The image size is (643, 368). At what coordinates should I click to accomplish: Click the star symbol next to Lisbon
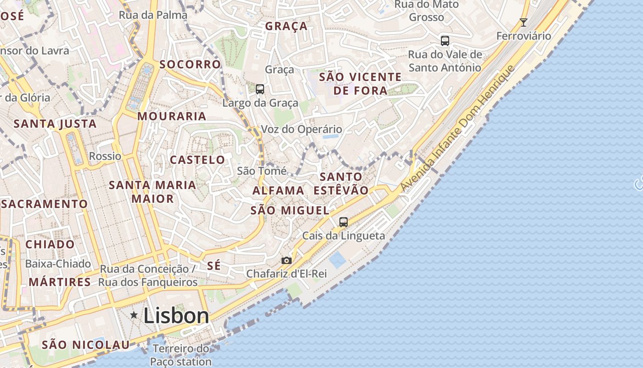tap(134, 315)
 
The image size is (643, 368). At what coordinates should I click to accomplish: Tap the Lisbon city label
tap(176, 316)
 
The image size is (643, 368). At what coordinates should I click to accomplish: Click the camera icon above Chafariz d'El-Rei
tap(287, 261)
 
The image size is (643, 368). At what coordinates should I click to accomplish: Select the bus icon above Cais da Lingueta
tap(344, 222)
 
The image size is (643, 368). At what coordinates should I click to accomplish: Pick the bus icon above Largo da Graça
tap(260, 89)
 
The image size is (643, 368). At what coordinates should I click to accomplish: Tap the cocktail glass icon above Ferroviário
tap(523, 22)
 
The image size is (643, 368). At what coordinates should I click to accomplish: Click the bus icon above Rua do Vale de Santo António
tap(445, 41)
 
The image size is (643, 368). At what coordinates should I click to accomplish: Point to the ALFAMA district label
tap(278, 190)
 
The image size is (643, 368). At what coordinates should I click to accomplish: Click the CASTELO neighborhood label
tap(197, 160)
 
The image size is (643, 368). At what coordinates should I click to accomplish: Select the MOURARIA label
tap(172, 116)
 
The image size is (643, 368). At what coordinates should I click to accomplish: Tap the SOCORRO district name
tap(190, 64)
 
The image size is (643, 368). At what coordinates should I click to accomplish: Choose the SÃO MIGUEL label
tap(290, 211)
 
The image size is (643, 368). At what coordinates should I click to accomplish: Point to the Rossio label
tap(105, 156)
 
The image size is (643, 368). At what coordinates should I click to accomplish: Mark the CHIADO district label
tap(50, 244)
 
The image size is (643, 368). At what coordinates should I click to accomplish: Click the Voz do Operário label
tap(301, 129)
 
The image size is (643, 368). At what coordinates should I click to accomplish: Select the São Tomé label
tap(262, 171)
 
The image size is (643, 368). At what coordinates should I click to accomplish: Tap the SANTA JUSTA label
tap(55, 124)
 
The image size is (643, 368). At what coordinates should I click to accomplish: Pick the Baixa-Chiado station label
tap(58, 264)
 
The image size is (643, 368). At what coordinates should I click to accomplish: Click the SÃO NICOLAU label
tap(86, 345)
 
